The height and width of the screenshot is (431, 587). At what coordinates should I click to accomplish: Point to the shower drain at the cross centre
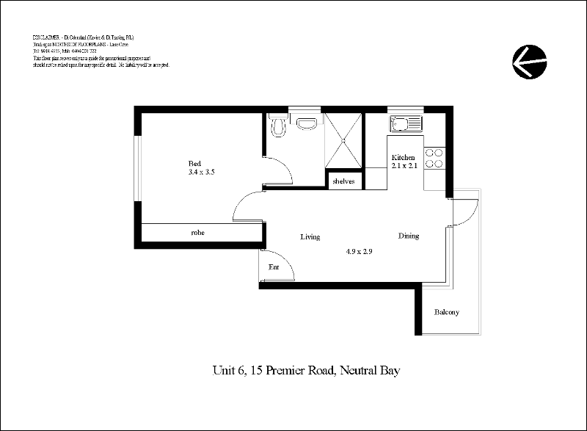point(343,142)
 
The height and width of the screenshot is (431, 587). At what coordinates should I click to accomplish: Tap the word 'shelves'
point(344,181)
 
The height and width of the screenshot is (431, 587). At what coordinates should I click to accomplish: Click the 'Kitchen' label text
point(404,158)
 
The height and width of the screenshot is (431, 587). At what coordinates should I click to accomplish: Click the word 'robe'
point(197,233)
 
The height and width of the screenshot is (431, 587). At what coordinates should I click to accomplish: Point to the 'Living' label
point(311,236)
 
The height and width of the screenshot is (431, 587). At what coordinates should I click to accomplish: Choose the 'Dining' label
point(409,236)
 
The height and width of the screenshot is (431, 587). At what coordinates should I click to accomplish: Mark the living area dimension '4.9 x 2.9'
point(360,252)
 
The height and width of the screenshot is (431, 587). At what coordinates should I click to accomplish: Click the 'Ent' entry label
point(274,267)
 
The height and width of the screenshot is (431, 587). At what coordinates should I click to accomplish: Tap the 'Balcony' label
point(446,312)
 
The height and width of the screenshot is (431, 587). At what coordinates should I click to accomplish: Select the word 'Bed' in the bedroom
point(194,163)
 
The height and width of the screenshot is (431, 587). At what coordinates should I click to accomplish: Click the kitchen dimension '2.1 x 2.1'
point(404,167)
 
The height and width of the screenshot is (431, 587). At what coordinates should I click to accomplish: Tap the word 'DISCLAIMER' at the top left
point(48,37)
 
